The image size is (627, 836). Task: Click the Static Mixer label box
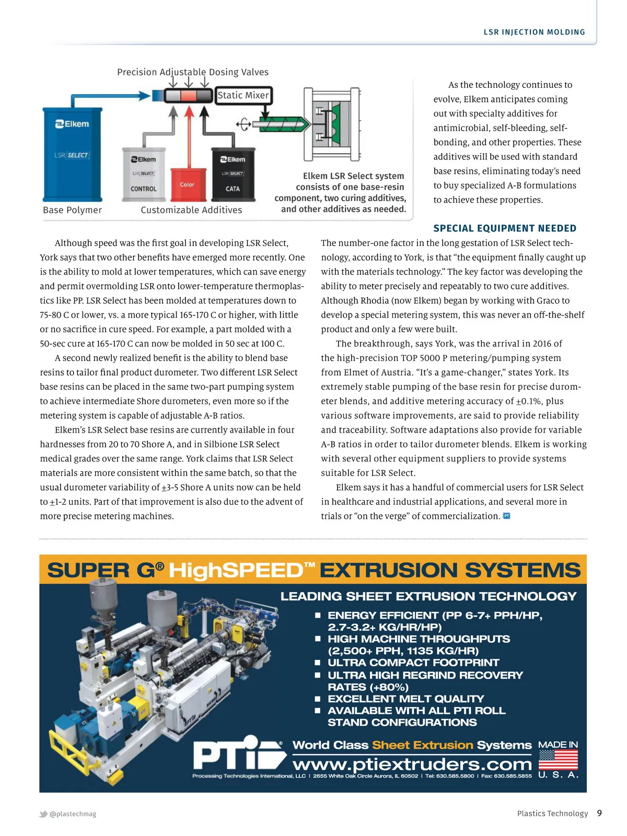(x=243, y=96)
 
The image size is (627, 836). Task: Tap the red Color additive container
(x=187, y=184)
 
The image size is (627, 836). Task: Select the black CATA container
(x=233, y=175)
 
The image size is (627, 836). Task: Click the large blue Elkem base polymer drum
(x=72, y=154)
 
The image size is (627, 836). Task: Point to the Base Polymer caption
(x=73, y=210)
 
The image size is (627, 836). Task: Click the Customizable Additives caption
(x=191, y=210)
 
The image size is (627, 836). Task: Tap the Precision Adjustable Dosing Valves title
(x=193, y=72)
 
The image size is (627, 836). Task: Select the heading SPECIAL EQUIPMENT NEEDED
(x=505, y=228)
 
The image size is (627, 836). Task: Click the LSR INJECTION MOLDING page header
(x=534, y=32)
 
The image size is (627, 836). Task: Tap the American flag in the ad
(x=558, y=759)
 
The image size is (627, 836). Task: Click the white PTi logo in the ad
(x=238, y=754)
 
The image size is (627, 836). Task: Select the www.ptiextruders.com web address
(x=412, y=764)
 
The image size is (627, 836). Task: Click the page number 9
(x=599, y=813)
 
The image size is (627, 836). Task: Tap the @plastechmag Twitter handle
(x=73, y=814)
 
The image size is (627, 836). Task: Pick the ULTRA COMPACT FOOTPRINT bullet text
(x=413, y=663)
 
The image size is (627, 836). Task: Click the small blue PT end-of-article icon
(x=506, y=516)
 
